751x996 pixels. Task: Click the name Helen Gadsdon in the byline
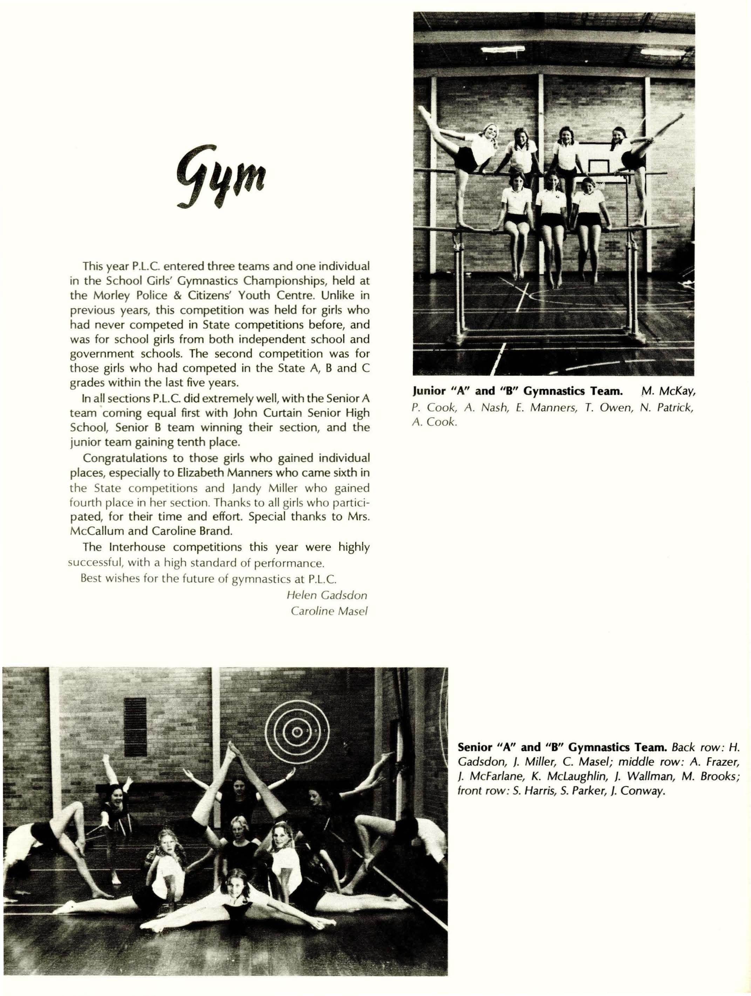[x=327, y=595]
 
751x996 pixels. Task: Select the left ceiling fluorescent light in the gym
[x=503, y=49]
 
